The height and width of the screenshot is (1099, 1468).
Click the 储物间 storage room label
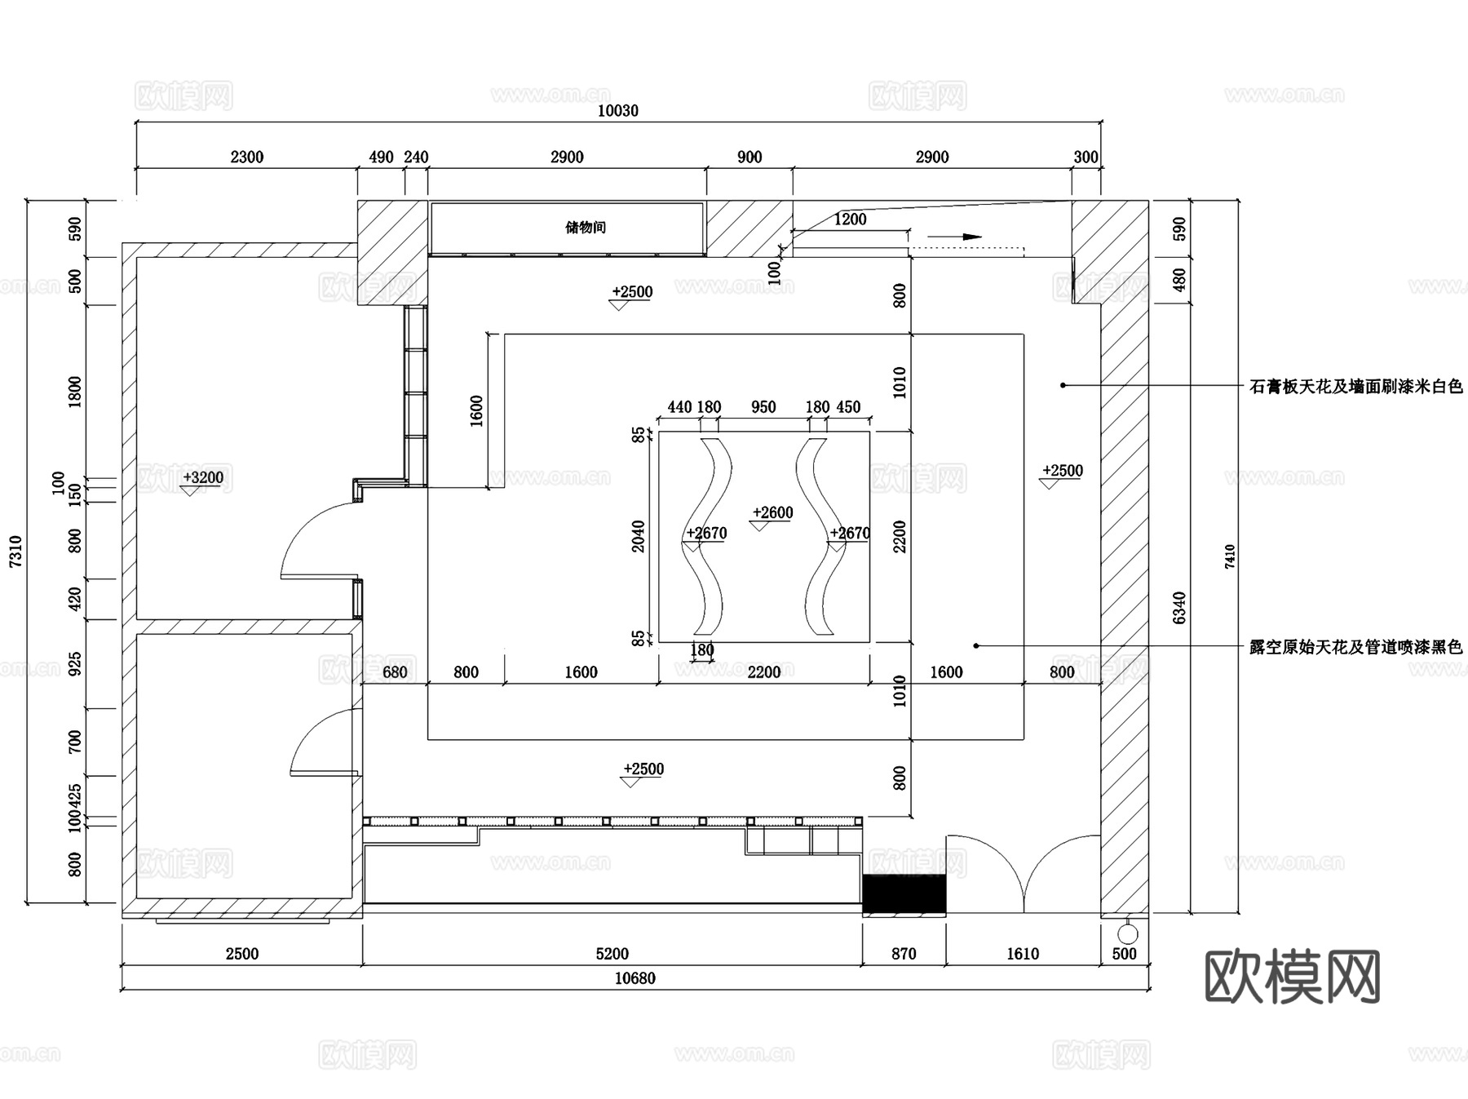pyautogui.click(x=586, y=228)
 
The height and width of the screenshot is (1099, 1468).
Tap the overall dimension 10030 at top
pyautogui.click(x=618, y=111)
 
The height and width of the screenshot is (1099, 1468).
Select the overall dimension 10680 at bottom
pyautogui.click(x=635, y=978)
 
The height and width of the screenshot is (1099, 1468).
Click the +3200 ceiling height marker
pyautogui.click(x=203, y=477)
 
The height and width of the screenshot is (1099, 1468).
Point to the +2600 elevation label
pyautogui.click(x=772, y=512)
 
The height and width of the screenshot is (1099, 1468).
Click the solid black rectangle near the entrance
pyautogui.click(x=904, y=893)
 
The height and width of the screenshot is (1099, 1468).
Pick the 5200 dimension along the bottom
pyautogui.click(x=612, y=954)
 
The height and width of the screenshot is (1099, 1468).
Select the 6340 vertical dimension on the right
pyautogui.click(x=1179, y=608)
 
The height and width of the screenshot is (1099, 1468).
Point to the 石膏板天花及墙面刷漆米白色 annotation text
pyautogui.click(x=1356, y=387)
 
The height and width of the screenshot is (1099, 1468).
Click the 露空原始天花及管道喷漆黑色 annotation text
pyautogui.click(x=1356, y=647)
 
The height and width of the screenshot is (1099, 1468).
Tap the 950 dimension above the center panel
pyautogui.click(x=763, y=407)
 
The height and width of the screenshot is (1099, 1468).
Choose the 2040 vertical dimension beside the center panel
pyautogui.click(x=639, y=537)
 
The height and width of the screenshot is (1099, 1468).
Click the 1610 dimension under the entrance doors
pyautogui.click(x=1023, y=954)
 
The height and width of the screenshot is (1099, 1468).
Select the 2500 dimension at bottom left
pyautogui.click(x=242, y=954)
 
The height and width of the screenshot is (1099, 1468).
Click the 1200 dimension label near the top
pyautogui.click(x=850, y=219)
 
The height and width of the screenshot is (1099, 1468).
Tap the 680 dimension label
pyautogui.click(x=395, y=672)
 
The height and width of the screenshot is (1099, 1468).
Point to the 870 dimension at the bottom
pyautogui.click(x=904, y=954)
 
